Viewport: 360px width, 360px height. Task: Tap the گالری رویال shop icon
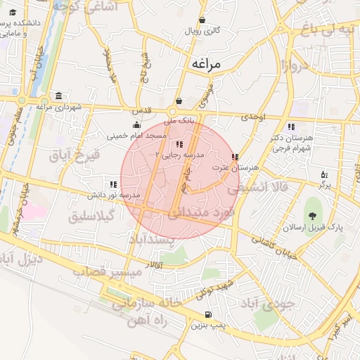pos(202,20)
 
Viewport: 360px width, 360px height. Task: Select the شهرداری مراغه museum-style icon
pos(58,96)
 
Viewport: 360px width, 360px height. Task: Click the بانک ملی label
pos(178,120)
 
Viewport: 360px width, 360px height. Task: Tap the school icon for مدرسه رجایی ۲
pos(169,143)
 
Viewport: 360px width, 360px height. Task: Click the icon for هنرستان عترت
pos(234,157)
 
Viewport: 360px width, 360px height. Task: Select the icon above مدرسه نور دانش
pos(114,184)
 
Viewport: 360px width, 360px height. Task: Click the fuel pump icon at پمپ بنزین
pos(207,315)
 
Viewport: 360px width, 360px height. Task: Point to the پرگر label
pos(324,184)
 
